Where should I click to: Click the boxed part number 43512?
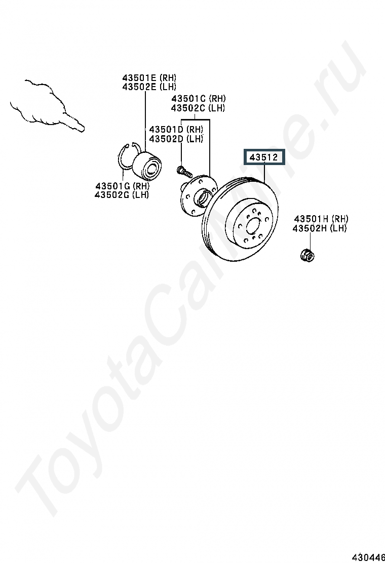(264, 157)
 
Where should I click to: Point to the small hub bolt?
(182, 170)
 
